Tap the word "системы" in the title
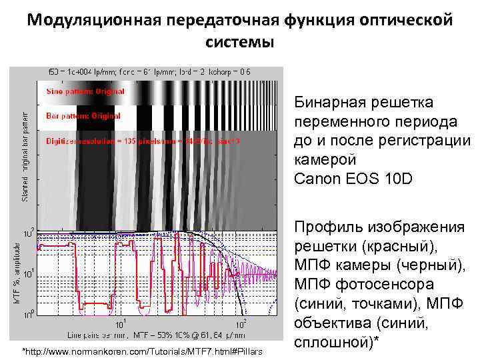pos(239,43)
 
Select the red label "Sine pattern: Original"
pos(75,91)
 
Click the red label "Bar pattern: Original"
pos(75,116)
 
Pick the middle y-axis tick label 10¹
pos(29,273)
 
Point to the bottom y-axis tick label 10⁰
pos(29,313)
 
